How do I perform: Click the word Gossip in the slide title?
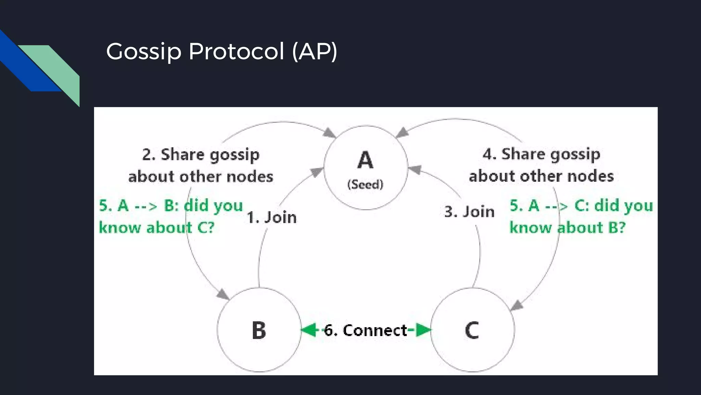[x=143, y=52]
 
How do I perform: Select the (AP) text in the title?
[x=315, y=52]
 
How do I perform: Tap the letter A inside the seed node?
[x=365, y=160]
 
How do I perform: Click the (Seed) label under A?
[x=365, y=184]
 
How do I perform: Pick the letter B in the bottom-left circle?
[x=259, y=331]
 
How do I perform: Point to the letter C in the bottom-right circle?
[x=472, y=331]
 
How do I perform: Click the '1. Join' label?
[x=272, y=217]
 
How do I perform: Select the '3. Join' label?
[x=469, y=212]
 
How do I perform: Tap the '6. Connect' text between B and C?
[x=366, y=330]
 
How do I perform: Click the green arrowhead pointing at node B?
[x=309, y=330]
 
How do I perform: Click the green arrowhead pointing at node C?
[x=423, y=330]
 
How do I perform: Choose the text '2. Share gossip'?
[x=201, y=155]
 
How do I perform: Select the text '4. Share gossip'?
[x=541, y=154]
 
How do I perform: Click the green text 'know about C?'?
[x=156, y=228]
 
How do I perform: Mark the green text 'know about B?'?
[x=567, y=228]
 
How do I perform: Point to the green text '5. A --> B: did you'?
[x=171, y=206]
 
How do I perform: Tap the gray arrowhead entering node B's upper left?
[x=223, y=294]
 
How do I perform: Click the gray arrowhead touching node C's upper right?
[x=517, y=305]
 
